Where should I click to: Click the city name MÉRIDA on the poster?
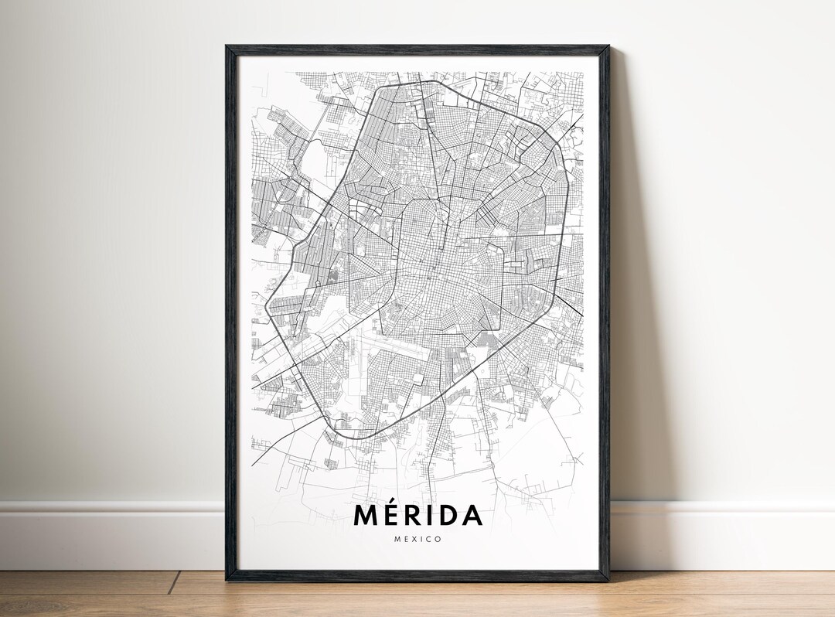pyautogui.click(x=417, y=516)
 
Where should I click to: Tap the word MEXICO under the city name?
pyautogui.click(x=417, y=539)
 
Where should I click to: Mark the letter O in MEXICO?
pyautogui.click(x=438, y=539)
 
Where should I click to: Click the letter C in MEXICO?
pyautogui.click(x=429, y=539)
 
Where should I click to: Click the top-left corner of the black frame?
pyautogui.click(x=227, y=47)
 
